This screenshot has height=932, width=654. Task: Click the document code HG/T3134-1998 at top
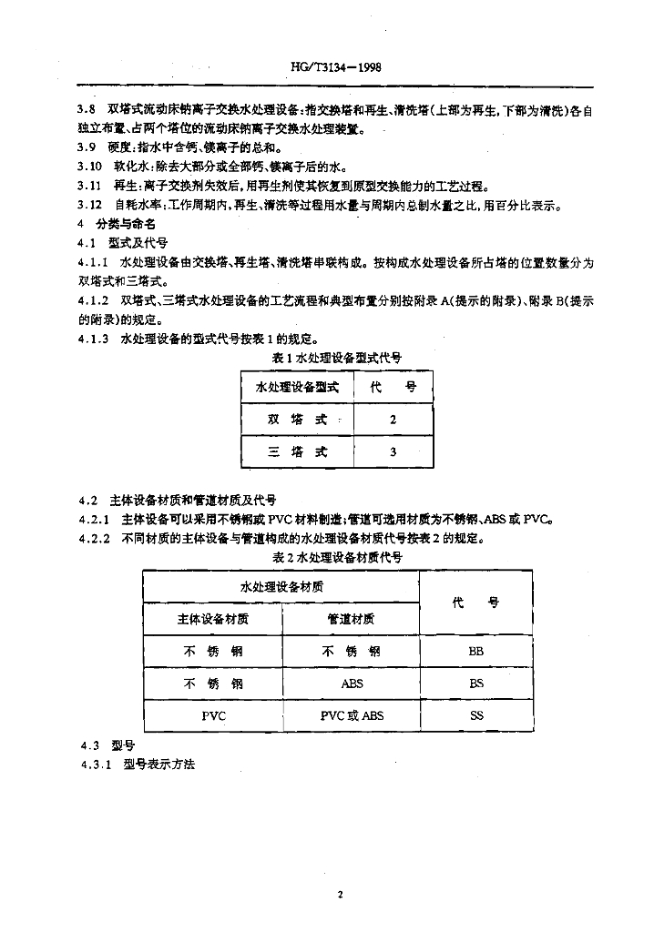(x=326, y=66)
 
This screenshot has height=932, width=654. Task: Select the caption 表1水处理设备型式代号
(x=337, y=359)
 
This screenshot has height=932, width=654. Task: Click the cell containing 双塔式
(x=296, y=420)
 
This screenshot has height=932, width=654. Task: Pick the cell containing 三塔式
(x=296, y=452)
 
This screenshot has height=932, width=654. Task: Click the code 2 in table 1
(x=393, y=420)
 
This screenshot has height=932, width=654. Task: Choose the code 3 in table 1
(x=393, y=452)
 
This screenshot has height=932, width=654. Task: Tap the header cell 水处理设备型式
(x=296, y=387)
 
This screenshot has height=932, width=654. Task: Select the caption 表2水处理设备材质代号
(x=337, y=557)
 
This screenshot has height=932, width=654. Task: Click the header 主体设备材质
(x=212, y=619)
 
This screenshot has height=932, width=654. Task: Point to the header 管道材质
(x=351, y=619)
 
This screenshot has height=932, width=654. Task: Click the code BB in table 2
(x=476, y=652)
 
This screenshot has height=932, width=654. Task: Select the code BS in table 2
(x=476, y=684)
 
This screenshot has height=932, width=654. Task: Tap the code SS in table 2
(x=476, y=716)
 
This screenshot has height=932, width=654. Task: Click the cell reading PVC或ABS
(x=352, y=716)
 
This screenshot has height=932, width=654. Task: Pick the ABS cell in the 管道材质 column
(x=352, y=684)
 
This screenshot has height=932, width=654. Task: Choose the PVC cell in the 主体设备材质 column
(x=213, y=716)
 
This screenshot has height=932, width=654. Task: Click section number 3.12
(x=88, y=205)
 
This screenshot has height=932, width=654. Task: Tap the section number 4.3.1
(x=94, y=765)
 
